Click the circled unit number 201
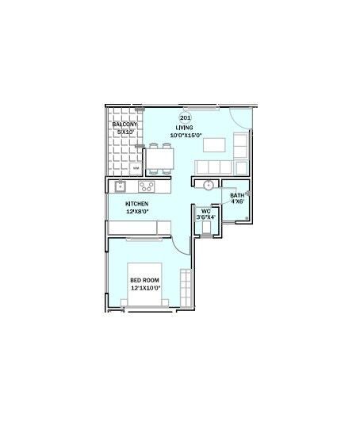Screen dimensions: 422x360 [x=186, y=118]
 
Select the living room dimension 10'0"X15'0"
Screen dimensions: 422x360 [x=186, y=136]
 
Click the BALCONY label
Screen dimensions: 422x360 [x=124, y=125]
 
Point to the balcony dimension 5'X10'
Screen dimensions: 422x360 [x=125, y=132]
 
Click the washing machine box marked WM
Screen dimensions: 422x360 [x=136, y=169]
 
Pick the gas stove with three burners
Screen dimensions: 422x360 [x=147, y=187]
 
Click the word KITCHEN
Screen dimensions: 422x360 [x=136, y=204]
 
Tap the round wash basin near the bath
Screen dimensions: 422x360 [x=208, y=186]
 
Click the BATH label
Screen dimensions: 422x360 [x=237, y=195]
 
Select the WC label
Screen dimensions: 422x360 [x=205, y=211]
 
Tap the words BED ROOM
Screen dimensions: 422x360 [x=145, y=280]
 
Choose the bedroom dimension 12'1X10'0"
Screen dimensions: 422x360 [x=145, y=288]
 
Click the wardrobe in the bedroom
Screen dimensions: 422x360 [x=186, y=288]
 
